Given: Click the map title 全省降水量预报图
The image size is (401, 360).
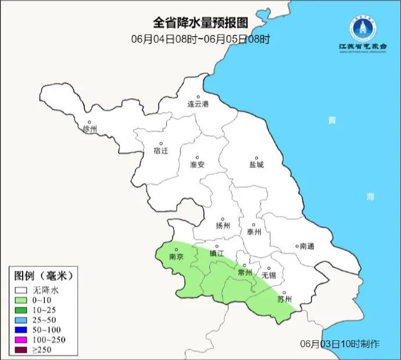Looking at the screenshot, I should tap(200, 23).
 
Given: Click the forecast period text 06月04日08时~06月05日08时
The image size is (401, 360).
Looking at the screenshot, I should tap(200, 39).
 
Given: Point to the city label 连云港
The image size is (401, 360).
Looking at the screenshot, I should tap(198, 105).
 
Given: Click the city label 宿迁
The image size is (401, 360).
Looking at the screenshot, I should tap(160, 151).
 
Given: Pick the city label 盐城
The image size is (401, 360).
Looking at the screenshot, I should tap(256, 165).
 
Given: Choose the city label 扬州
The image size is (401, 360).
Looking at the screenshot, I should tap(223, 226).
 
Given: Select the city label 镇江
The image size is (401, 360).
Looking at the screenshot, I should tap(217, 254).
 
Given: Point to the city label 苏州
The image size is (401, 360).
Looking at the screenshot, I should tap(284, 300).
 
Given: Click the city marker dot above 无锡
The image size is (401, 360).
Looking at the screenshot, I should tap(268, 268).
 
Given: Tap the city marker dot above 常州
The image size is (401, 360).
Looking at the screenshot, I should tap(245, 265).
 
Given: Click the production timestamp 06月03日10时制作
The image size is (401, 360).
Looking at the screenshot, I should tap(340, 344).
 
